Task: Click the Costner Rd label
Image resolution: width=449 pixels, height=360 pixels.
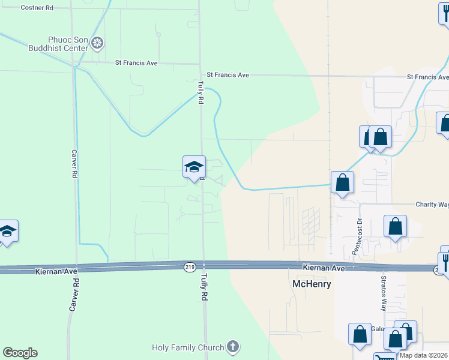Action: [37, 8]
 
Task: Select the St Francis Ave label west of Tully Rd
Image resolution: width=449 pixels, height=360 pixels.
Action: [136, 62]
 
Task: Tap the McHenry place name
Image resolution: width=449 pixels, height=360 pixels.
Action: [311, 284]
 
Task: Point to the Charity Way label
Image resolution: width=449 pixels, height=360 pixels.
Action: [432, 205]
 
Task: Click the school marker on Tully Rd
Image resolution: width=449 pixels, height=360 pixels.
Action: [194, 167]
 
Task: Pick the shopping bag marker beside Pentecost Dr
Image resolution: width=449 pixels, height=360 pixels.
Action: [396, 227]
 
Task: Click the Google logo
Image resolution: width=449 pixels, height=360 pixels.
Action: [20, 353]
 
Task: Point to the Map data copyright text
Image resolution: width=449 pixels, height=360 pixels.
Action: [424, 355]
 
